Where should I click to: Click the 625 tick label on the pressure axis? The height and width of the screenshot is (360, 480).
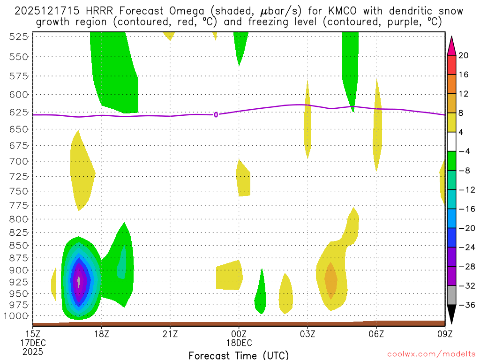(17, 112)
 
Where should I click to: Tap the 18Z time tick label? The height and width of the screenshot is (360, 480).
(102, 334)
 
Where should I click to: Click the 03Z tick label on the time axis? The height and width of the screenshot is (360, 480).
(307, 334)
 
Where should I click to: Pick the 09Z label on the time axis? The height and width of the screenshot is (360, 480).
(444, 334)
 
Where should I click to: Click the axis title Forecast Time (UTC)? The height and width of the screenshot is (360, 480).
(239, 355)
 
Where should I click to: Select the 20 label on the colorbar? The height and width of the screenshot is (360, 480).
(464, 56)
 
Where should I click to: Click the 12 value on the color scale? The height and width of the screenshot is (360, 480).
(464, 94)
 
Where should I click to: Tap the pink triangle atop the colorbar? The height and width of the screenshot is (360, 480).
(451, 45)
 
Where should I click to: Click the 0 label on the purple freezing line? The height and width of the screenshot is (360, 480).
(216, 115)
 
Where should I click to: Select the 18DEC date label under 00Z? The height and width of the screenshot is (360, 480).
(239, 342)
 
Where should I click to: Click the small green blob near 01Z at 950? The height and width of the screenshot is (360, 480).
(261, 300)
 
